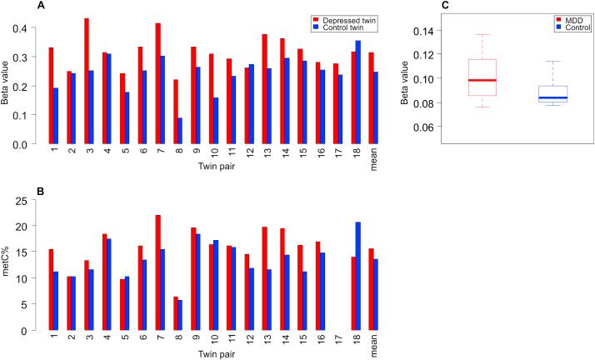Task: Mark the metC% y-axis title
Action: [x=7, y=266]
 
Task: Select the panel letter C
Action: [x=422, y=6]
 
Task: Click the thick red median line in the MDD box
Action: [x=482, y=80]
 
